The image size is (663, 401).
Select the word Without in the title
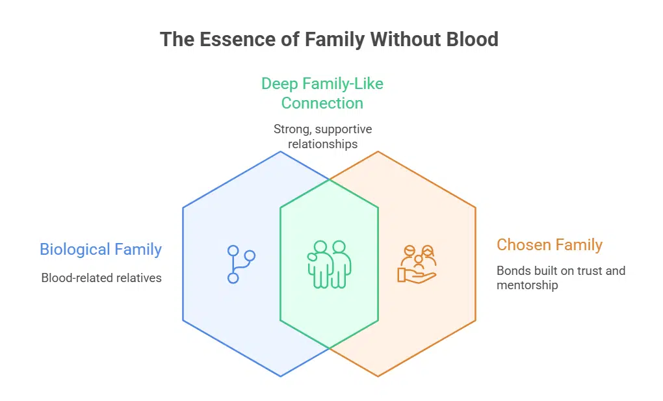click(x=400, y=40)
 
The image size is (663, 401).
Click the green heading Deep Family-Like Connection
click(x=322, y=93)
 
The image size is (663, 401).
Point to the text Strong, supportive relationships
click(x=322, y=136)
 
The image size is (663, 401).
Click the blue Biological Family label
click(x=101, y=250)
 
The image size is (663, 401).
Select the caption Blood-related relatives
click(x=101, y=278)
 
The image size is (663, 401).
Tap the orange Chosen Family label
click(x=549, y=245)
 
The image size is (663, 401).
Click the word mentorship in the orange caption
click(x=527, y=285)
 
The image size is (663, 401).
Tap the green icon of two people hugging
click(x=329, y=265)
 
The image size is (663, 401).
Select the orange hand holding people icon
click(x=417, y=264)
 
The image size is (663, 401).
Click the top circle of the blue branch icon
click(x=233, y=250)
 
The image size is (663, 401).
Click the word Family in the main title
click(x=334, y=40)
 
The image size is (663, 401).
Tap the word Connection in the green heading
click(x=322, y=103)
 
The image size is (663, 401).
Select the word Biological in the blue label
click(x=75, y=250)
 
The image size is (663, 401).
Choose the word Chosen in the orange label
click(x=524, y=245)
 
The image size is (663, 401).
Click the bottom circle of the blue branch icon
click(x=233, y=278)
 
